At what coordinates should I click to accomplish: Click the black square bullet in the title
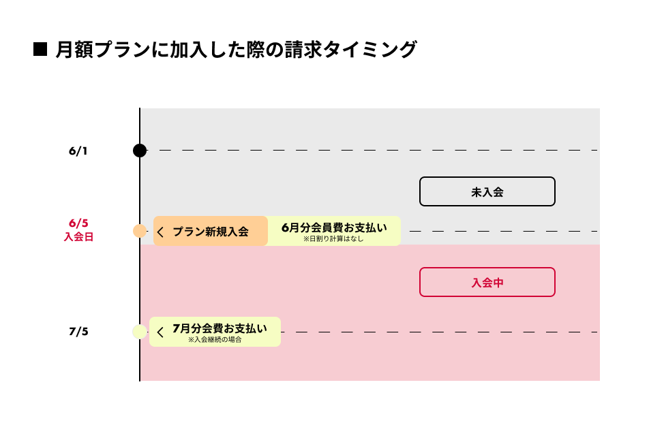[x=40, y=49]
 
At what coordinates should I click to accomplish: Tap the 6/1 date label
[x=78, y=151]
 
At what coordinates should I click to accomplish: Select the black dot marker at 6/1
[x=140, y=151]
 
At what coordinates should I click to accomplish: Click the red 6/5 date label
[x=78, y=223]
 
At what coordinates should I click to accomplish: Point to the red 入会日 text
[x=78, y=237]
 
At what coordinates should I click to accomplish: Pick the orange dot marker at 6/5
[x=140, y=231]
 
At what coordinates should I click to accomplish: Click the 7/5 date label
[x=78, y=332]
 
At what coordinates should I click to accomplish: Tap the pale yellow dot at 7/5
[x=140, y=332]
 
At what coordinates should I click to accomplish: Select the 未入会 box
[x=487, y=191]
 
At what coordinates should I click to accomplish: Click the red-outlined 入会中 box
[x=487, y=282]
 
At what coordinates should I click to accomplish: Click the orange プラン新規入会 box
[x=210, y=231]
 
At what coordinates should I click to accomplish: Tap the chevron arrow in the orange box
[x=161, y=232]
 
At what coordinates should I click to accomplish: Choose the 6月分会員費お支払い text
[x=333, y=227]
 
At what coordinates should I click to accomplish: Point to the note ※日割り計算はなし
[x=333, y=239]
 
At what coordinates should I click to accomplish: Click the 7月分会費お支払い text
[x=220, y=328]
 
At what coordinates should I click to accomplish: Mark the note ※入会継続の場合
[x=215, y=339]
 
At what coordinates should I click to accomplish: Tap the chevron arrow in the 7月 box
[x=161, y=332]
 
